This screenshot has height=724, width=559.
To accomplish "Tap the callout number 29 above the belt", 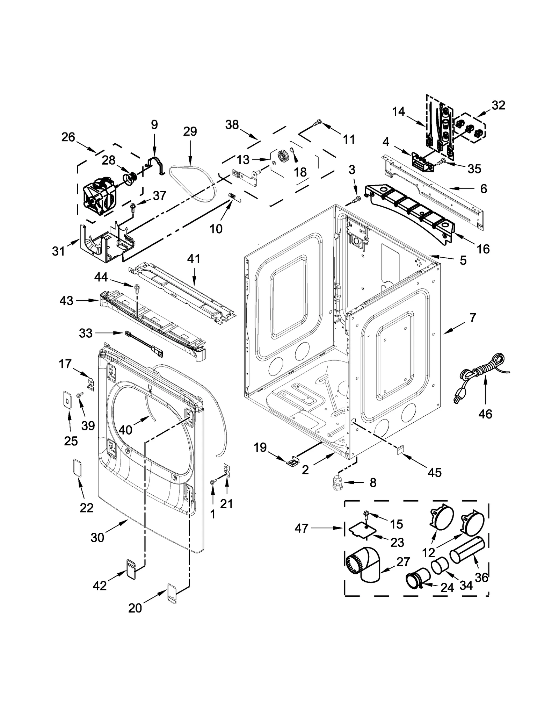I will click(190, 132).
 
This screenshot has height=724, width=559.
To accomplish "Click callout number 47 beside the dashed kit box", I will click(301, 528).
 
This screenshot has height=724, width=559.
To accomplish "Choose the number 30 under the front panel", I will click(97, 537).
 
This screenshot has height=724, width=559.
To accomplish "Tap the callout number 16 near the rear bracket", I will click(483, 249).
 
